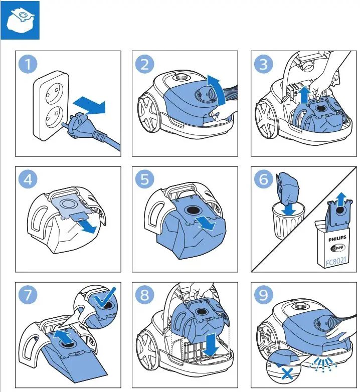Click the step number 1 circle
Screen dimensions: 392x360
click(x=28, y=64)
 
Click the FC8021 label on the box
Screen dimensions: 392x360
click(x=336, y=262)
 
